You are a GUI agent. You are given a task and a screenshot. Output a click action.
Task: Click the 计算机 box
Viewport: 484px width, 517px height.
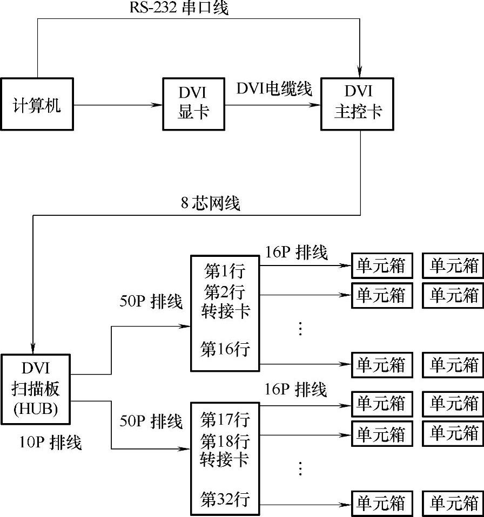point(37,104)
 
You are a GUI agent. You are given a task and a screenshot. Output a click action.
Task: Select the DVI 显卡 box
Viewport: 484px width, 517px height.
point(193,104)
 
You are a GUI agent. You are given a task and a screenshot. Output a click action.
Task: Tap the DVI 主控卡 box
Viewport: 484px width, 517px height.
point(357,104)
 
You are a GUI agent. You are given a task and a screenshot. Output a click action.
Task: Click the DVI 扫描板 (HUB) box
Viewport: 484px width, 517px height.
point(36,387)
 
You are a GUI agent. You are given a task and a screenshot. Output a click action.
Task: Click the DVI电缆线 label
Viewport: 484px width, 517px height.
point(274,89)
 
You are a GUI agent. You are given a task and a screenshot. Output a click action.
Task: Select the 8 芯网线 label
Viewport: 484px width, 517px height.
point(211,203)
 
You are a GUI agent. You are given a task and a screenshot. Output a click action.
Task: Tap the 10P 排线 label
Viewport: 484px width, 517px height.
point(50,443)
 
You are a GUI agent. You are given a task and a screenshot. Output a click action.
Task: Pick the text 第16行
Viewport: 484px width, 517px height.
point(225,349)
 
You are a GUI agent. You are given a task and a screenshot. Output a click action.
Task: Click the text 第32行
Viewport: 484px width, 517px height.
point(225,499)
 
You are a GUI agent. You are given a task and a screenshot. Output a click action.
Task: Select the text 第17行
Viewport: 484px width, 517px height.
point(225,418)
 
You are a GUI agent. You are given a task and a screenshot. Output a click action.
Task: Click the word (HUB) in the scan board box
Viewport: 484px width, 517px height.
point(36,406)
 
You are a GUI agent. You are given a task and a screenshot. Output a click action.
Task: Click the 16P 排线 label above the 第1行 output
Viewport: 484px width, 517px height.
point(296,252)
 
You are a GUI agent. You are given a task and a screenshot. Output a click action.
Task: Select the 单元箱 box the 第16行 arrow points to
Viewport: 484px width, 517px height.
point(381,365)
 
